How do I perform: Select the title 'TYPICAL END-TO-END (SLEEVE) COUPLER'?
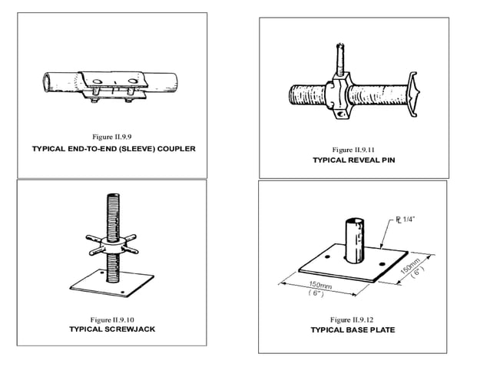114,148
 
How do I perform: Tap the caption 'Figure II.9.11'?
353,148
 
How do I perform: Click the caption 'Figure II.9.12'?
353,319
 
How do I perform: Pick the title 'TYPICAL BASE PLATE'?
353,330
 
